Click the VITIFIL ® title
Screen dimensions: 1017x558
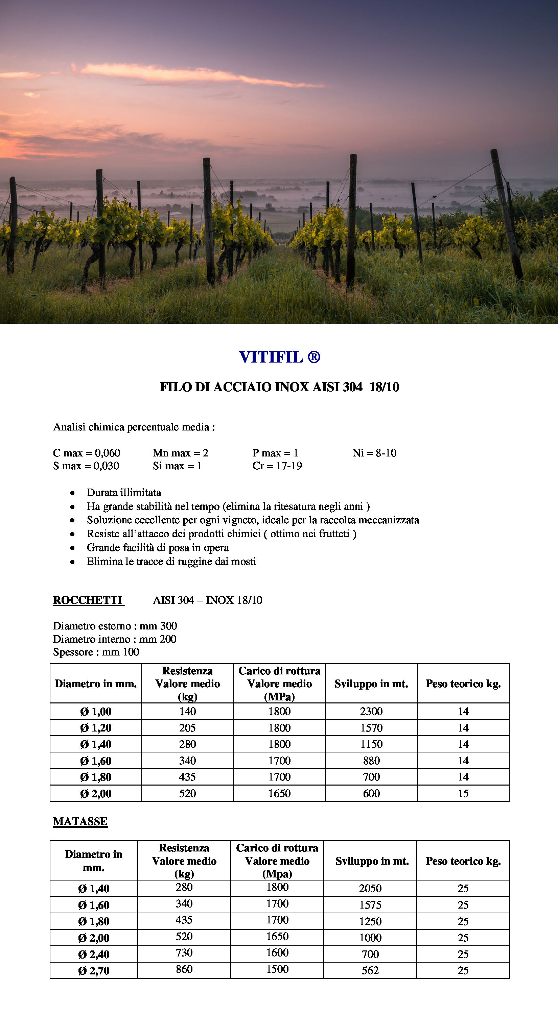(x=279, y=357)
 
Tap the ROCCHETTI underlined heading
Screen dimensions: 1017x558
(x=88, y=600)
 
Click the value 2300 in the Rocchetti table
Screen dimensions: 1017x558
(x=371, y=712)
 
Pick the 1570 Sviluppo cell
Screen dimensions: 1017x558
(x=371, y=728)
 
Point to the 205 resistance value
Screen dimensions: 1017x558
(x=187, y=728)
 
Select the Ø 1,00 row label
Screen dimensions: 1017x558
(x=96, y=712)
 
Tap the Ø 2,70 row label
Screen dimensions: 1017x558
(x=94, y=970)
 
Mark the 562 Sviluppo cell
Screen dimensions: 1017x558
(x=370, y=970)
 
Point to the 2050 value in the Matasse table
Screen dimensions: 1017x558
(x=370, y=888)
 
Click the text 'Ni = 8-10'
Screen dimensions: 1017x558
(x=374, y=453)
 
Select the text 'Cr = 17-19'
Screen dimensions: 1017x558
(x=277, y=466)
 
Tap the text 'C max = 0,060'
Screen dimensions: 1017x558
(x=87, y=453)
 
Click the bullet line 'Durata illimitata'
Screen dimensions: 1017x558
(x=124, y=493)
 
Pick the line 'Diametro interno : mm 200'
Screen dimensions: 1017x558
(x=115, y=639)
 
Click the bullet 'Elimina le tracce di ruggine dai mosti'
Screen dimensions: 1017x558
(x=171, y=562)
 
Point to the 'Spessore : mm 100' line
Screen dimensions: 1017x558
(x=96, y=652)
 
